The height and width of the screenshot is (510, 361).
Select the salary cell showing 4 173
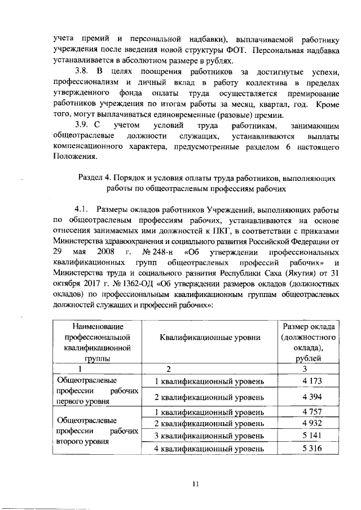(307, 382)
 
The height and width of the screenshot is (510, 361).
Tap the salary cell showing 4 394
(307, 397)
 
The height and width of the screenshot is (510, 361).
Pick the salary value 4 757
(307, 412)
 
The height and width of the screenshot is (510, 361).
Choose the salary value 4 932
(307, 423)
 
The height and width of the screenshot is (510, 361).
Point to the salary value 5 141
(307, 436)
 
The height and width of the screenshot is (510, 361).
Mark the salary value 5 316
(307, 449)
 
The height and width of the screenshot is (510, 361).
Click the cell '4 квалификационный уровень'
(209, 449)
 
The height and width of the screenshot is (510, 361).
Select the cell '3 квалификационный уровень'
(209, 436)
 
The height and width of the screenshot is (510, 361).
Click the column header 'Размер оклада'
(309, 327)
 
